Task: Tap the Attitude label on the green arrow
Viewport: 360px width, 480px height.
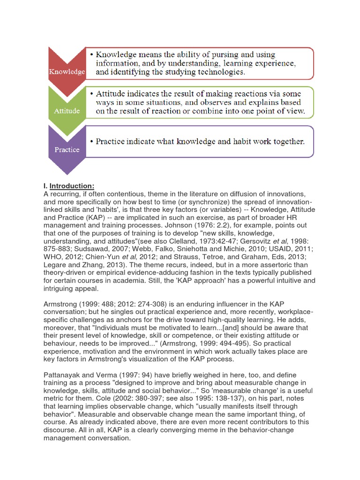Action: click(67, 111)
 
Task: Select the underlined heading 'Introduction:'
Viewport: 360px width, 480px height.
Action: click(72, 186)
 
